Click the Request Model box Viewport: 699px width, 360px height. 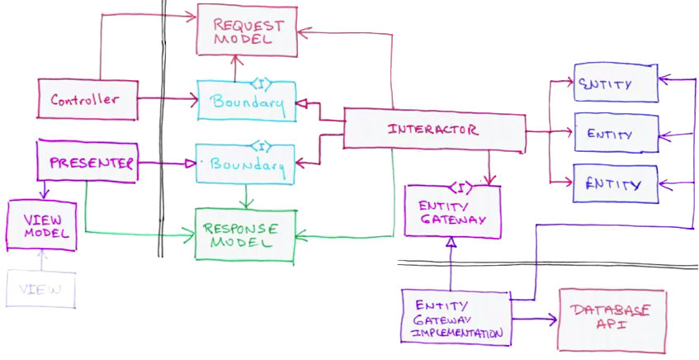(x=246, y=31)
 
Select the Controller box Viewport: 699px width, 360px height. (x=85, y=100)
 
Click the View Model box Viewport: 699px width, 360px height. (x=41, y=225)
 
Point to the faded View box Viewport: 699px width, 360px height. (x=40, y=289)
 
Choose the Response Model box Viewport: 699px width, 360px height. (x=244, y=234)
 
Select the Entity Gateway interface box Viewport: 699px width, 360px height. (x=451, y=213)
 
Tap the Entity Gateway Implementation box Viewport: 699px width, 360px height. (x=455, y=318)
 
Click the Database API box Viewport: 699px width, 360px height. (x=612, y=320)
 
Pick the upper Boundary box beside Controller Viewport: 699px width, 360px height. (x=246, y=102)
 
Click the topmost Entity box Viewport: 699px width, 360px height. (x=616, y=83)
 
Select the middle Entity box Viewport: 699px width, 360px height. (x=616, y=134)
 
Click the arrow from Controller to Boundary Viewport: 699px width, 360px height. (x=165, y=100)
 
